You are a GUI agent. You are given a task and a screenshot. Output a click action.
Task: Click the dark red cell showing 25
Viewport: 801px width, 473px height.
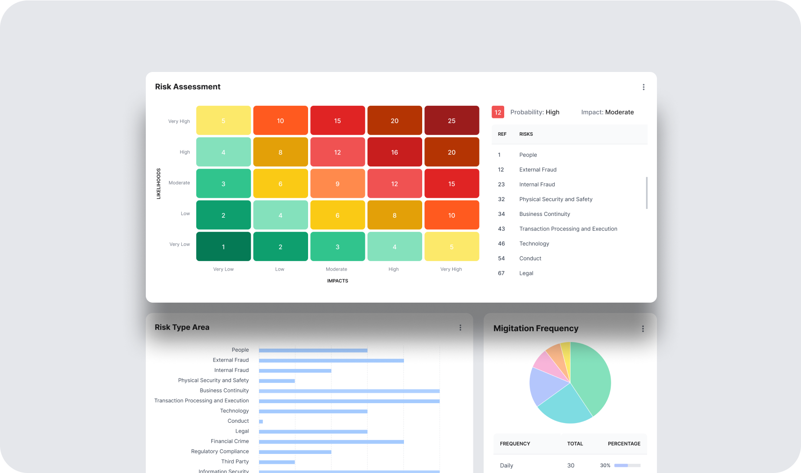click(451, 121)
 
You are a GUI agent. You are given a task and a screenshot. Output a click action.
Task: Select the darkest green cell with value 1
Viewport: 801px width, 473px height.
click(223, 247)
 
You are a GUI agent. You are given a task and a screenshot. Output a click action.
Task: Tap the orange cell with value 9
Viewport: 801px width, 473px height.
click(337, 184)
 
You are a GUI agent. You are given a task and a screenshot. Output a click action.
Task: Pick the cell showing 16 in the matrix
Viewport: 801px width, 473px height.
click(394, 152)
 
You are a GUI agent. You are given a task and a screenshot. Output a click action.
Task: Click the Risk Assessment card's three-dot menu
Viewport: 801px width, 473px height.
click(643, 87)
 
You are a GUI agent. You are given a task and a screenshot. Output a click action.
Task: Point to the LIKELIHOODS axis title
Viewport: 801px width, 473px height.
click(158, 183)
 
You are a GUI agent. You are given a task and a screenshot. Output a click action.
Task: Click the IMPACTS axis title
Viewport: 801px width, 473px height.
click(338, 281)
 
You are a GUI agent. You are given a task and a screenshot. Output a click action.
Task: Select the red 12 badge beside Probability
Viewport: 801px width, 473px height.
click(498, 112)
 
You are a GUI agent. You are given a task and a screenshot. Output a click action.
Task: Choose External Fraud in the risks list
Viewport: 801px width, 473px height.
click(538, 170)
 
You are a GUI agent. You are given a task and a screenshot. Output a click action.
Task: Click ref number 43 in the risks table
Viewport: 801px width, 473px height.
click(501, 229)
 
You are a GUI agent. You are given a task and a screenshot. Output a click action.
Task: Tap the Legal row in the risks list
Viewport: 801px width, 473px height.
click(526, 273)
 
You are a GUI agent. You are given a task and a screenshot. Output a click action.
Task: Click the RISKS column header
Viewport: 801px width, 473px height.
click(526, 134)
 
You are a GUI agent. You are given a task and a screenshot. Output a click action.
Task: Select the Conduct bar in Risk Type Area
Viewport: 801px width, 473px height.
click(261, 421)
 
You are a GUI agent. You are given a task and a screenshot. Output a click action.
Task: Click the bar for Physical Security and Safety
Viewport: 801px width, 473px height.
click(277, 381)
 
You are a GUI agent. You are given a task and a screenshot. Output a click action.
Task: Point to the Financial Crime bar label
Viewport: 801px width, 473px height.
click(230, 441)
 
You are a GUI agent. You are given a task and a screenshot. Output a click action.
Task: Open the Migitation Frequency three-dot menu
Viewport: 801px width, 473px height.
click(643, 329)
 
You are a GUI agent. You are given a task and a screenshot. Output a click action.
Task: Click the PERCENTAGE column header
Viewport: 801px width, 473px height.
click(624, 444)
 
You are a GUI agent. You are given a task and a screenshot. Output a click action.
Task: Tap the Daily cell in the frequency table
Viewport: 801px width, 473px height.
click(506, 466)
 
